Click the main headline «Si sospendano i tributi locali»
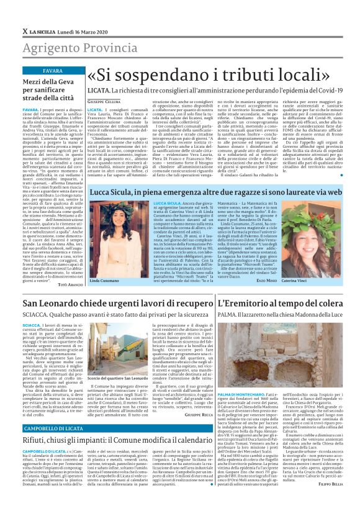pyautogui.click(x=204, y=76)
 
